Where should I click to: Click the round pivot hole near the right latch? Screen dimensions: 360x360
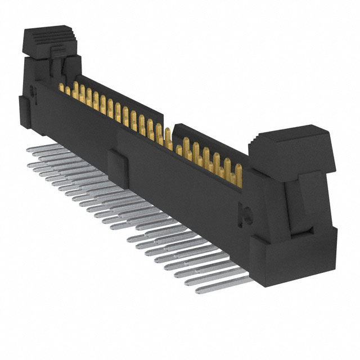[246, 212]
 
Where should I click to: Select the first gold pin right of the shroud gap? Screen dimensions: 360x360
[179, 150]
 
